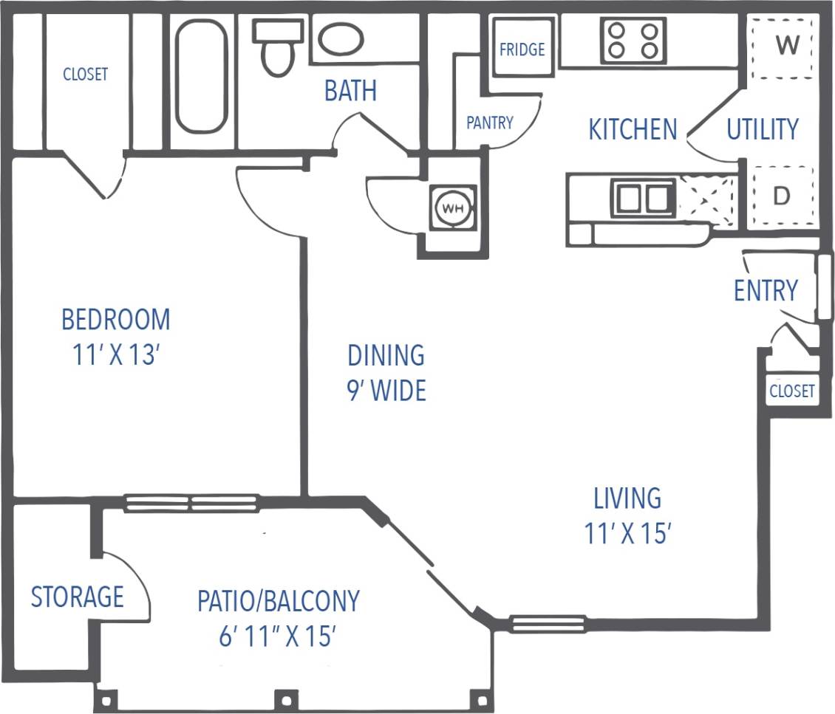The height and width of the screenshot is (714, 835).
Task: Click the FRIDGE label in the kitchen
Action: point(522,49)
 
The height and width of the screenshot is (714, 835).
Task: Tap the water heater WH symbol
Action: point(452,208)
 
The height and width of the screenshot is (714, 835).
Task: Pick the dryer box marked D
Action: point(782,196)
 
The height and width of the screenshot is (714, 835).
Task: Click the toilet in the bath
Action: point(278,48)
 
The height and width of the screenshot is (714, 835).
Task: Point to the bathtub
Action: point(200,76)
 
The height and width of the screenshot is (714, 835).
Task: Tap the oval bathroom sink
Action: point(341,39)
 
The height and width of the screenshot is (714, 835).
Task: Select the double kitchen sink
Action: point(642,198)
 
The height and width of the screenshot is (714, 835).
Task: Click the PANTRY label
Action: point(489,123)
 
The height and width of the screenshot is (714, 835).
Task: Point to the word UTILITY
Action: point(763,129)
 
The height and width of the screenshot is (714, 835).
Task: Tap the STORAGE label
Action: point(77,596)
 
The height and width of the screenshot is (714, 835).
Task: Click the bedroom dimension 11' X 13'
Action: point(117,356)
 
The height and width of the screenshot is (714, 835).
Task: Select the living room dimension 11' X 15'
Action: point(627,533)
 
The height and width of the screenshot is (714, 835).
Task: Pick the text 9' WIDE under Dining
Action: point(386,390)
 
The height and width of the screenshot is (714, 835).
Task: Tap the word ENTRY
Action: point(766,291)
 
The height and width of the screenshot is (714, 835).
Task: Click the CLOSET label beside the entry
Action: point(791,391)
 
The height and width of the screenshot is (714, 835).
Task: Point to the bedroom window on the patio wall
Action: point(191,504)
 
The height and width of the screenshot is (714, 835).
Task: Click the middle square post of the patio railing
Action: point(285,698)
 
